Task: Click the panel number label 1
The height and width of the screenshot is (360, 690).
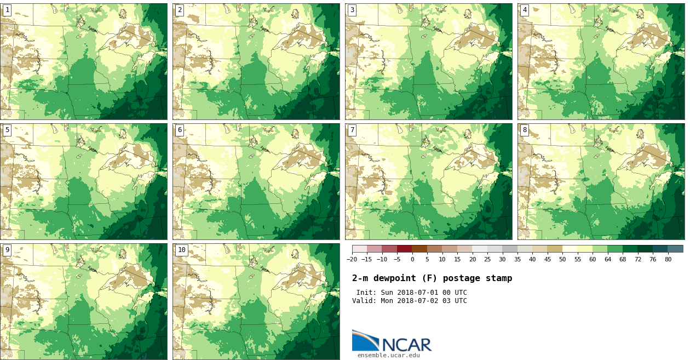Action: pyautogui.click(x=7, y=10)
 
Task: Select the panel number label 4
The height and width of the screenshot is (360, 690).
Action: pyautogui.click(x=525, y=10)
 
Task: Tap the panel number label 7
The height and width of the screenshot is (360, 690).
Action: pyautogui.click(x=352, y=130)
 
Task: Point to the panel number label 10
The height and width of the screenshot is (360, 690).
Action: pyautogui.click(x=181, y=250)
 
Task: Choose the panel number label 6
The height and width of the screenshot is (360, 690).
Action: pyautogui.click(x=180, y=130)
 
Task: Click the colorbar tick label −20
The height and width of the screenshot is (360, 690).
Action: pyautogui.click(x=352, y=260)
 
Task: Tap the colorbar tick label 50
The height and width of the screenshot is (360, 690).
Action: pyautogui.click(x=562, y=260)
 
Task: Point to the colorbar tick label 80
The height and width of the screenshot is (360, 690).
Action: pyautogui.click(x=668, y=260)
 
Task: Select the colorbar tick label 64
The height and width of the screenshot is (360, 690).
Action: pyautogui.click(x=607, y=260)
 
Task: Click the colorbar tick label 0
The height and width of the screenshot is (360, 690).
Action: pyautogui.click(x=412, y=260)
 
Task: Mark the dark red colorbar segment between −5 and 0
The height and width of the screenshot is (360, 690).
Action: pyautogui.click(x=404, y=249)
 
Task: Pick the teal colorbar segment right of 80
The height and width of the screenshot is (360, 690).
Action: pyautogui.click(x=675, y=249)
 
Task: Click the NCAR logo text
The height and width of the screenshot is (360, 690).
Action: pyautogui.click(x=407, y=345)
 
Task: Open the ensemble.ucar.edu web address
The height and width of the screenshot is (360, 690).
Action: pyautogui.click(x=389, y=356)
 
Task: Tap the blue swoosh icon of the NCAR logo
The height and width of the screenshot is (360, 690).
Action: pyautogui.click(x=364, y=341)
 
